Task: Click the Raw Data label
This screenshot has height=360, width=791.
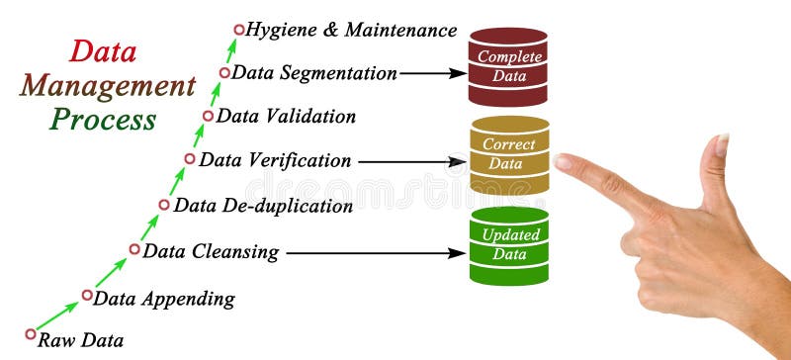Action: click(81, 341)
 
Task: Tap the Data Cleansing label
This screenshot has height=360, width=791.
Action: click(211, 252)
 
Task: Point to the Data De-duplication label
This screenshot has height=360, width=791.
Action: click(263, 206)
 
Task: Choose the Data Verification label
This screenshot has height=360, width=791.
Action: click(275, 159)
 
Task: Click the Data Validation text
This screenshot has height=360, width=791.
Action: click(286, 116)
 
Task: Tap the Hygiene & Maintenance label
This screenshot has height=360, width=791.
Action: click(350, 31)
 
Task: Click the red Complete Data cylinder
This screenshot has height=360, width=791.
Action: click(508, 66)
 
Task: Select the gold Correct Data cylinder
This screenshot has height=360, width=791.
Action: click(509, 154)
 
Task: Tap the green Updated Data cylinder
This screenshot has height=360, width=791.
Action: click(509, 245)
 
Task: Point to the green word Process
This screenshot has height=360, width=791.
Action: click(104, 121)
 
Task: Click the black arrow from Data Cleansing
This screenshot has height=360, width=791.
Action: click(375, 252)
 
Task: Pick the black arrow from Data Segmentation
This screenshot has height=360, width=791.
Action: click(433, 72)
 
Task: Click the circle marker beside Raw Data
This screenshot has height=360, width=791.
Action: click(31, 334)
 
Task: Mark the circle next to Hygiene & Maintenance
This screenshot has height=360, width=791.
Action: click(237, 30)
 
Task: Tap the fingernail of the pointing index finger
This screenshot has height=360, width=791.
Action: click(565, 160)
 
